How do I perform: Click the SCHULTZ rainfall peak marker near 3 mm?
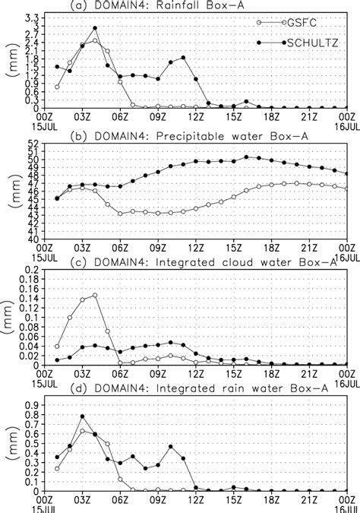(x=95, y=28)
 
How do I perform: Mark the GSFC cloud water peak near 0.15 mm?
(x=95, y=296)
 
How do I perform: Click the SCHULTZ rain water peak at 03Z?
(x=82, y=416)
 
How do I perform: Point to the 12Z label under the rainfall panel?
(x=196, y=118)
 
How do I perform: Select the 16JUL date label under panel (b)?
(x=346, y=255)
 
